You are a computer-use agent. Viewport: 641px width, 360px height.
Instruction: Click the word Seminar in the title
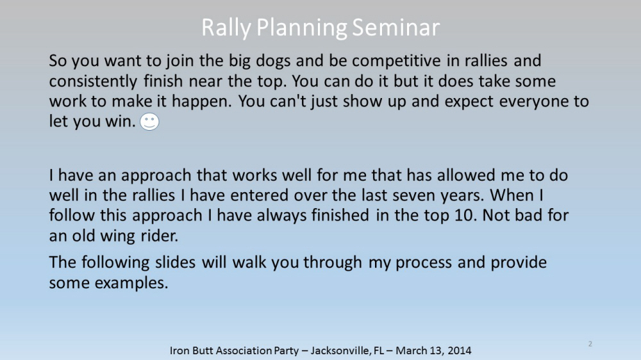[x=395, y=28]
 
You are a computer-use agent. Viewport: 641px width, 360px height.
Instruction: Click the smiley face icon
[x=149, y=122]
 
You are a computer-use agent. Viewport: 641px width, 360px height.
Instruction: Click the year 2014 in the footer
[x=459, y=350]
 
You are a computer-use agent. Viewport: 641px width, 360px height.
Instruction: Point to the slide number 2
[x=590, y=344]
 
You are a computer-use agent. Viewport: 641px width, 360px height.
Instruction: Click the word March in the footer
[x=409, y=350]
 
